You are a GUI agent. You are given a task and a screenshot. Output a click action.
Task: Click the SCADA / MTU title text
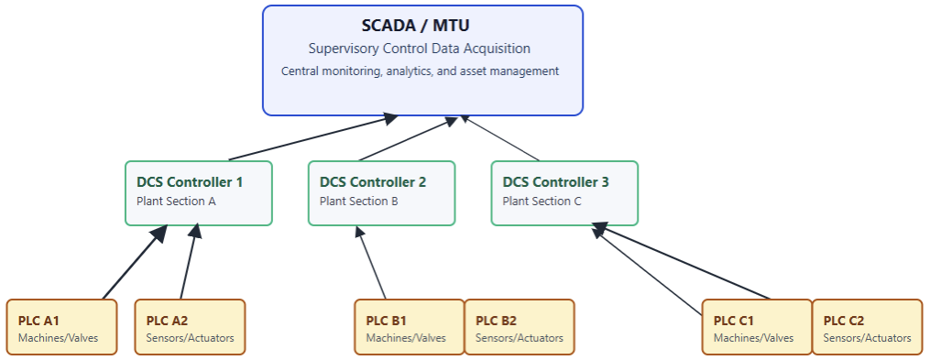point(422,26)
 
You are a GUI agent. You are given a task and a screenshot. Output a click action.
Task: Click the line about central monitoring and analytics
point(420,71)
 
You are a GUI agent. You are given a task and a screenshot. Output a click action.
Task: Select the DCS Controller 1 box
point(198,192)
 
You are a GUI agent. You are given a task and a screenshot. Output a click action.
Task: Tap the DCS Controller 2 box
point(381,192)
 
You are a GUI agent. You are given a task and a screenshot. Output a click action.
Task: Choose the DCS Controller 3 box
point(564,192)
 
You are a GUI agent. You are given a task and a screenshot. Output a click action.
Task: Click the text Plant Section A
point(176,202)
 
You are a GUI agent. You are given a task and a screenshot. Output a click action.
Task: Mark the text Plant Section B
point(359,202)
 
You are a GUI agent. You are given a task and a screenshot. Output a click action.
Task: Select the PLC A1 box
point(61,327)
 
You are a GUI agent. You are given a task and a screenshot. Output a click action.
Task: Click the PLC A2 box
point(190,327)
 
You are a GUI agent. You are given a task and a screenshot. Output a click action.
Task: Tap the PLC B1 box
point(409,327)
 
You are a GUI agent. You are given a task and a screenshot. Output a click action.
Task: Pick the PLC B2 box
point(519,327)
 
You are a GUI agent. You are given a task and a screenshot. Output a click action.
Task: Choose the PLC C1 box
point(757,327)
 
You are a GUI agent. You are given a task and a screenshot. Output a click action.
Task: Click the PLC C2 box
point(867,327)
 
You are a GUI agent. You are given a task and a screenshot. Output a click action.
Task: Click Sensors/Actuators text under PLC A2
point(190,338)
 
